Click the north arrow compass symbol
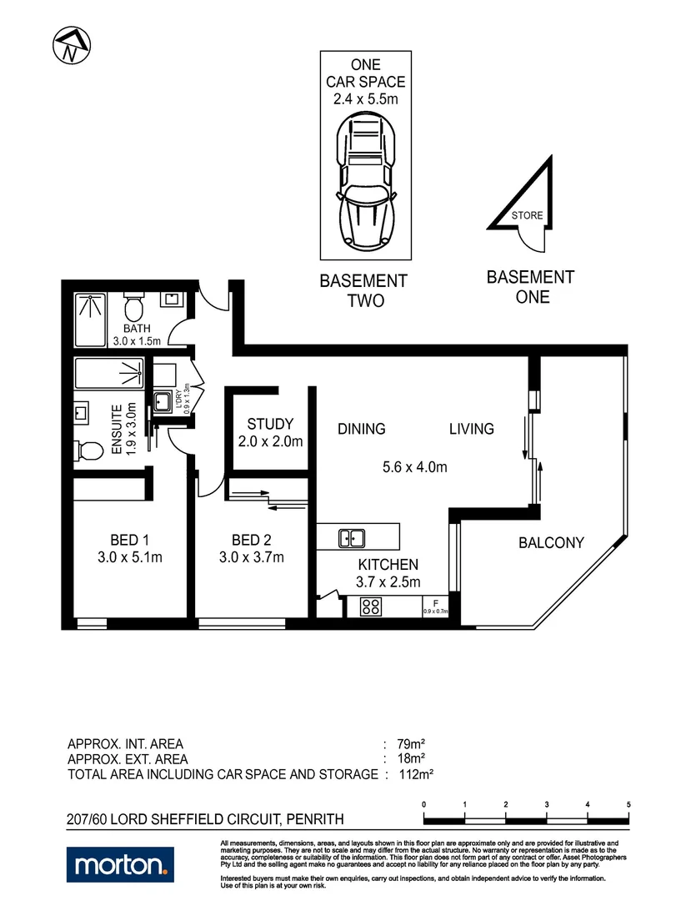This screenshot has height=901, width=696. [72, 46]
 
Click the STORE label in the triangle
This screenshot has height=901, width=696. [527, 215]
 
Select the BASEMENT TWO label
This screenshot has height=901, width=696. [364, 291]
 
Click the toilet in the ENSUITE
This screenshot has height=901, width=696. [83, 450]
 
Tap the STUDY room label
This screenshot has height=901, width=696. [271, 425]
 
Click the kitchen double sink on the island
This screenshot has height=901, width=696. [351, 539]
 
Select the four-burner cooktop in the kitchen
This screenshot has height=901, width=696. [371, 607]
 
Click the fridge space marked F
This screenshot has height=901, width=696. [435, 605]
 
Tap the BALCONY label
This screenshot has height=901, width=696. [551, 543]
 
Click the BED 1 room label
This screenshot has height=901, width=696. [129, 539]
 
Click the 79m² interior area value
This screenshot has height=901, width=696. [413, 744]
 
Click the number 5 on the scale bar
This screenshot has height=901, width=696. [628, 805]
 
